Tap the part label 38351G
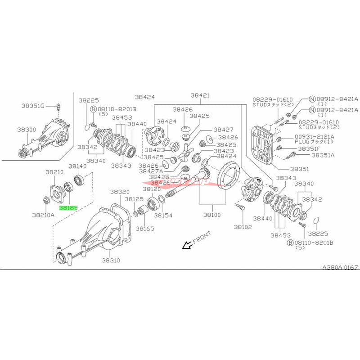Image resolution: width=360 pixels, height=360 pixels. pyautogui.click(x=33, y=106)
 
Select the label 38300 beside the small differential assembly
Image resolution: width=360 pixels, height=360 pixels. pyautogui.click(x=27, y=129)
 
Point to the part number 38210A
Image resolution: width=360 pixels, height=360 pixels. pyautogui.click(x=43, y=215)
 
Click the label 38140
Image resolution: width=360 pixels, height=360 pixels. pyautogui.click(x=77, y=166)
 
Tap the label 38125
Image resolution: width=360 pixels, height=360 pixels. pyautogui.click(x=135, y=198)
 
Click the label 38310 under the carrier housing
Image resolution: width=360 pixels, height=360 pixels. pyautogui.click(x=111, y=260)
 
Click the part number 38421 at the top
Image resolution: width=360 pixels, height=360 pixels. pyautogui.click(x=200, y=95)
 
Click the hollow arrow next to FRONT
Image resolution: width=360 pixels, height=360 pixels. pyautogui.click(x=185, y=245)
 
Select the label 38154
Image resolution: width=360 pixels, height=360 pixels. pyautogui.click(x=163, y=215)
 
